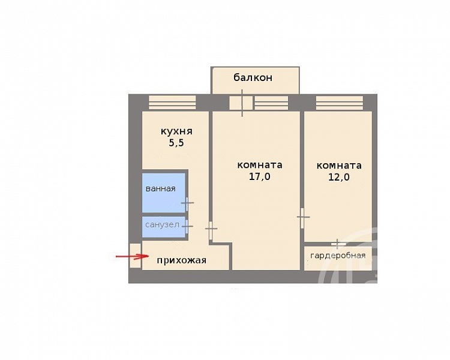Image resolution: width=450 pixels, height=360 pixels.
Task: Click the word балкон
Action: tap(253, 77)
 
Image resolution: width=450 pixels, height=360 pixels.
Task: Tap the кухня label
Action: tap(176, 131)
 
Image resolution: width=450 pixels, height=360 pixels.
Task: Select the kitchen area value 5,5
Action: tap(176, 143)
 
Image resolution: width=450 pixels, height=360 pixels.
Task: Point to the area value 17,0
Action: tap(259, 176)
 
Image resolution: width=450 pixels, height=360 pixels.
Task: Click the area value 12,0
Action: tap(339, 177)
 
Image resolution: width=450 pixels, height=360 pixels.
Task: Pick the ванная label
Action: tap(160, 189)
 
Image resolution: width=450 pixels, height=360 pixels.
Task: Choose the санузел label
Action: tap(162, 225)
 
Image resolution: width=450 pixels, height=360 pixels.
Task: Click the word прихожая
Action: tap(181, 260)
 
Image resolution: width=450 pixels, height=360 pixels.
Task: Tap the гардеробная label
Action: tap(338, 256)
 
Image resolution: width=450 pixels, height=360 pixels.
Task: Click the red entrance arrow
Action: tap(133, 256)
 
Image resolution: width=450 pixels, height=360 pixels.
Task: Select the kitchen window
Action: tap(172, 103)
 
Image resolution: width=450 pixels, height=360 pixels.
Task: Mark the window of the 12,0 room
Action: tap(340, 103)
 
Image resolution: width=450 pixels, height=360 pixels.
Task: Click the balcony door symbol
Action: tap(242, 103)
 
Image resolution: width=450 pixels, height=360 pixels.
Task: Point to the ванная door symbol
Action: tap(187, 203)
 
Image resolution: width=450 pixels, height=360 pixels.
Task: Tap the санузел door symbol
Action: tap(187, 226)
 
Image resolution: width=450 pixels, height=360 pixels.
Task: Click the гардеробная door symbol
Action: tap(338, 244)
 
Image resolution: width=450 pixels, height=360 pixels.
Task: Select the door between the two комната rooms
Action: tap(302, 217)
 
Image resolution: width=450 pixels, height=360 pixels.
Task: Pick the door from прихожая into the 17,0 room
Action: tap(211, 229)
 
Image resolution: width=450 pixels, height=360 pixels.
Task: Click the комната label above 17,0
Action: tap(260, 166)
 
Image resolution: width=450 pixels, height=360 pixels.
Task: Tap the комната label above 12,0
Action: tap(339, 166)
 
